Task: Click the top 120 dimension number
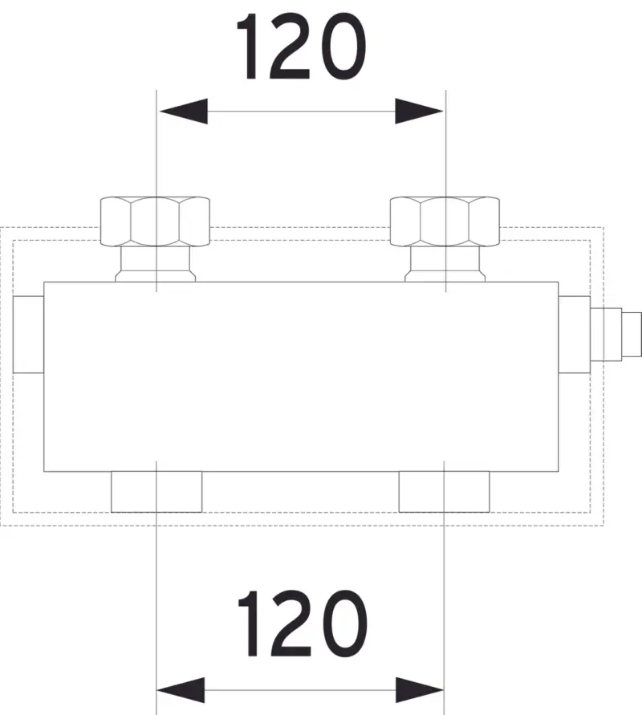click(301, 47)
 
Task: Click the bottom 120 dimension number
click(303, 624)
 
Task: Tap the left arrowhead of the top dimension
click(183, 112)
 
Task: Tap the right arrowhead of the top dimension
click(419, 112)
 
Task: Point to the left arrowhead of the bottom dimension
click(181, 690)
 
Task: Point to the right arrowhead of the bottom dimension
click(420, 690)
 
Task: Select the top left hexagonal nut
click(155, 221)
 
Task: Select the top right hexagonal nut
click(445, 221)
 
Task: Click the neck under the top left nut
click(156, 264)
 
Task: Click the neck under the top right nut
click(445, 264)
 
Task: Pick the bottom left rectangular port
click(156, 492)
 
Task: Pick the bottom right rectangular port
click(445, 492)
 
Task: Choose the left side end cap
click(28, 335)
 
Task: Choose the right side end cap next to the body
click(575, 335)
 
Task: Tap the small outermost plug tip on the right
click(632, 335)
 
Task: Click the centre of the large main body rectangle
click(302, 376)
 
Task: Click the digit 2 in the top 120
click(291, 47)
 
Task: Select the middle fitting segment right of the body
click(607, 335)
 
